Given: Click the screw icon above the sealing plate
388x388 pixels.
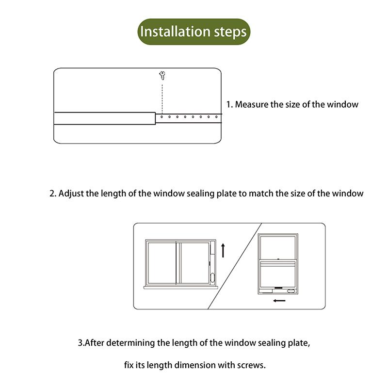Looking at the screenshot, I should click(x=162, y=75).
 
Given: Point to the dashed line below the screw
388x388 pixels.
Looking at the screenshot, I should click(x=162, y=97).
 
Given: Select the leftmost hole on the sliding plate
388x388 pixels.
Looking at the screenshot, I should click(x=162, y=117).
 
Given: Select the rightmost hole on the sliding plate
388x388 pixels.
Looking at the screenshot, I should click(x=216, y=117).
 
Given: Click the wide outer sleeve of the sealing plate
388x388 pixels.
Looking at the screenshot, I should click(x=104, y=119).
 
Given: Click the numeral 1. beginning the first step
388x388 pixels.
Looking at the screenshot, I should click(x=230, y=104).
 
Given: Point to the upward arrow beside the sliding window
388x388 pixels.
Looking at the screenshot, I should click(x=223, y=250).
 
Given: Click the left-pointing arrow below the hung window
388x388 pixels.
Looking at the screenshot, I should click(x=279, y=301).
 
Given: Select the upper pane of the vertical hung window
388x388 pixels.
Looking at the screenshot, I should click(x=278, y=247).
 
